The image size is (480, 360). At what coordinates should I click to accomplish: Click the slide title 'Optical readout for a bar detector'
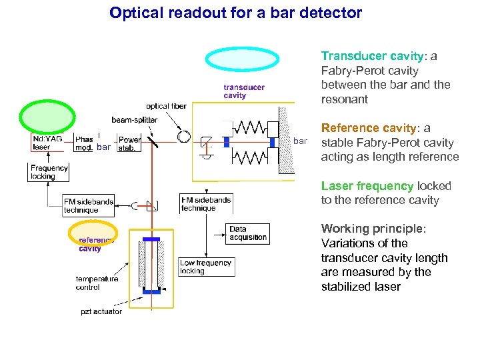tap(235, 13)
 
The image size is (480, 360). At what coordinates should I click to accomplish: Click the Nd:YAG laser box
tap(47, 143)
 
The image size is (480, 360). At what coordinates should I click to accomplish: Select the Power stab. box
tap(129, 144)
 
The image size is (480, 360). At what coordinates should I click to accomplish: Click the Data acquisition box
tap(247, 233)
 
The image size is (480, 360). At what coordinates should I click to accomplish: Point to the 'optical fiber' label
tap(167, 106)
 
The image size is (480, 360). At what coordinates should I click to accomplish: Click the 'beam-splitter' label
tap(135, 120)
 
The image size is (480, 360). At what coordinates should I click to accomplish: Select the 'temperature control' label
tap(97, 283)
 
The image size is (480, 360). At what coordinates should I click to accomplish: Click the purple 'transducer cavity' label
tap(243, 91)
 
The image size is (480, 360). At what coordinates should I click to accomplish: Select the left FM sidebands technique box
tap(88, 205)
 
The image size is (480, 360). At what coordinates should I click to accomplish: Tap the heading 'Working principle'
tap(372, 229)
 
